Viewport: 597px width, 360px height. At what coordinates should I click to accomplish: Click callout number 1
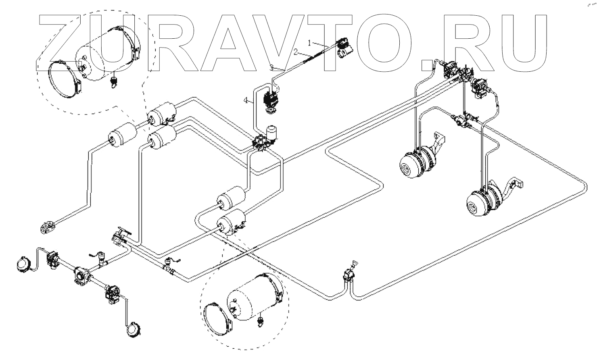[309, 42]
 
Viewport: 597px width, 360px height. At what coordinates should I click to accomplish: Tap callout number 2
[296, 52]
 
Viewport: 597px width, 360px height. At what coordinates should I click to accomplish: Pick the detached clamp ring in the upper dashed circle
[65, 80]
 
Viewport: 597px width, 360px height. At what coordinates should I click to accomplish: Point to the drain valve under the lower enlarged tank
[261, 321]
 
